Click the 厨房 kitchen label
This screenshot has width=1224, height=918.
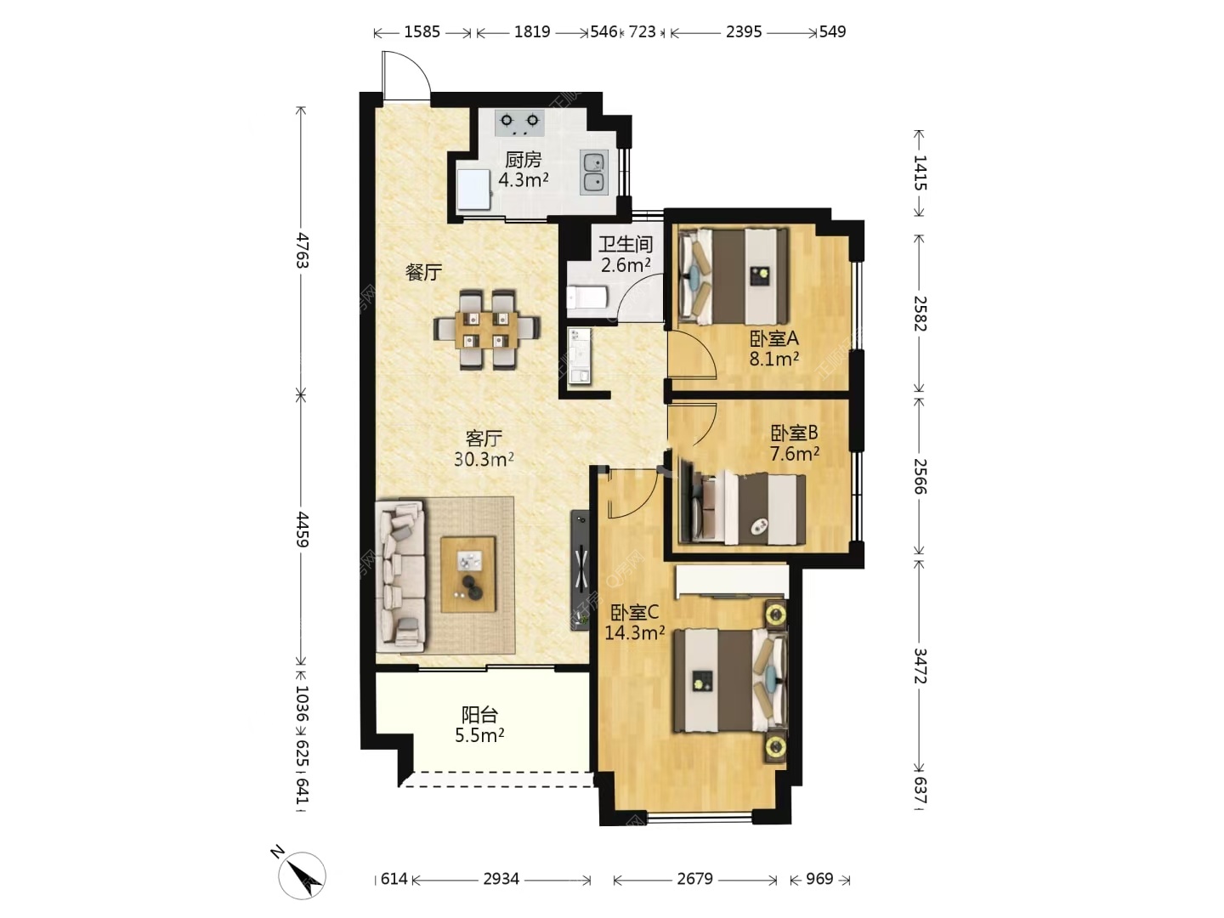click(523, 161)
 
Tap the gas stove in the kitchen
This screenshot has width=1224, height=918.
click(519, 123)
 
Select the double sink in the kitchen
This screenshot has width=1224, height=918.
click(594, 173)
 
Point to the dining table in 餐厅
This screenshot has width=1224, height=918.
click(487, 330)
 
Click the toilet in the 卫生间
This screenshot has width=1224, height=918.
click(586, 297)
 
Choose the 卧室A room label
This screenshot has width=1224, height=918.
click(774, 338)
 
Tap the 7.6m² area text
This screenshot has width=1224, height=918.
click(795, 454)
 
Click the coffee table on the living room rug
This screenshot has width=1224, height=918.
click(467, 574)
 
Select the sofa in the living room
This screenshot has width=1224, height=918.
click(400, 576)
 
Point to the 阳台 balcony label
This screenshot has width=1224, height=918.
click(479, 715)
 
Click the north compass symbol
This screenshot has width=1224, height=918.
click(302, 875)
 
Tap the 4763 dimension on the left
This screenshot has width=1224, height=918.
click(301, 250)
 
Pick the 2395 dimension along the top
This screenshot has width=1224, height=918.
click(743, 31)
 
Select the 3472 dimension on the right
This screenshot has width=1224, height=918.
click(920, 666)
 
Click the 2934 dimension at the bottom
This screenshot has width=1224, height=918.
click(501, 878)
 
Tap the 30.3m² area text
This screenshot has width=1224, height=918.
click(484, 459)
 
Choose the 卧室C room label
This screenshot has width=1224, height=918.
click(635, 613)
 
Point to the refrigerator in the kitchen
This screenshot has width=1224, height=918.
click(473, 189)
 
